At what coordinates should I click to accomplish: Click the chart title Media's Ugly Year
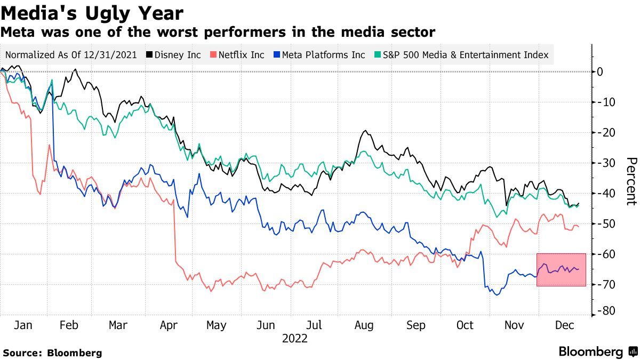click(x=92, y=13)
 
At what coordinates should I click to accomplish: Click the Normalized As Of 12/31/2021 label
click(x=71, y=55)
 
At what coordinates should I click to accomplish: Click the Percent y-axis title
click(x=631, y=181)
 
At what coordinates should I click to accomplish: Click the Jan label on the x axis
click(x=23, y=325)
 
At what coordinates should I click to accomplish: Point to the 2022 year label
click(x=295, y=338)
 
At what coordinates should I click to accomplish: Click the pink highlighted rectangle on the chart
click(x=561, y=270)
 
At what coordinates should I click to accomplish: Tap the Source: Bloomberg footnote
click(x=52, y=353)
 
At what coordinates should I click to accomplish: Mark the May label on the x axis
click(x=216, y=325)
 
